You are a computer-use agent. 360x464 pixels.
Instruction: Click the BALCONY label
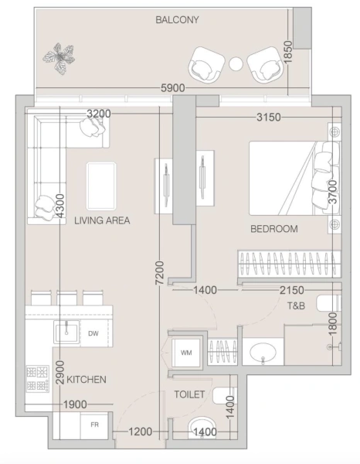point(177,19)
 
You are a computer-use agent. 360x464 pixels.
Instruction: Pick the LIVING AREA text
point(102,220)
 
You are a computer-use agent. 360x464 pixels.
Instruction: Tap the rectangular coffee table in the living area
point(101,186)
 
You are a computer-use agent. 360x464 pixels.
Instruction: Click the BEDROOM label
point(273,230)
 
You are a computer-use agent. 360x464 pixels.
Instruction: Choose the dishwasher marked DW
point(93,334)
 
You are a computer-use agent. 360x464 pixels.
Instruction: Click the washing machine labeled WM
point(186,353)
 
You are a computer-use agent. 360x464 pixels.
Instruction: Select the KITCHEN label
point(86,380)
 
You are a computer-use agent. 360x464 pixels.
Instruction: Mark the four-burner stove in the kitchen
point(38,378)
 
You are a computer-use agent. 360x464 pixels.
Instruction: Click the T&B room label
point(297,306)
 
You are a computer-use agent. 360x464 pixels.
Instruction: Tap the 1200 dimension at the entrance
point(141,433)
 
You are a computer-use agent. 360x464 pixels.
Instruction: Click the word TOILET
point(189,394)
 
